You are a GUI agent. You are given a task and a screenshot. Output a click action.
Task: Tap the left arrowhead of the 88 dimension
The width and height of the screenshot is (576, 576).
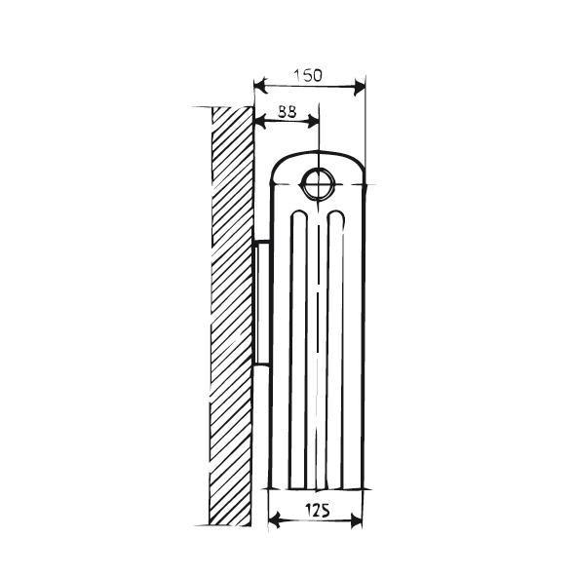pos(258,121)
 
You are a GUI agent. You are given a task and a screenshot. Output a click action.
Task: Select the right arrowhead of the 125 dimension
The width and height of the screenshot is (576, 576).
pos(358,521)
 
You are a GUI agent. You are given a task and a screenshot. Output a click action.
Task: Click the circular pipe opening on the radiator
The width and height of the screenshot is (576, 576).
pos(318,181)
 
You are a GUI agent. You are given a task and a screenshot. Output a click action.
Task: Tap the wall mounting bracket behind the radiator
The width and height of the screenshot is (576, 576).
pos(261,302)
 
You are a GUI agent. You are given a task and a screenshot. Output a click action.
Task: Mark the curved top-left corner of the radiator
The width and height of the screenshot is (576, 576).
pos(279,166)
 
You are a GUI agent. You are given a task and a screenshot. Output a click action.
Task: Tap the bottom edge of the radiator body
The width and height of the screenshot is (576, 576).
pos(317,488)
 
